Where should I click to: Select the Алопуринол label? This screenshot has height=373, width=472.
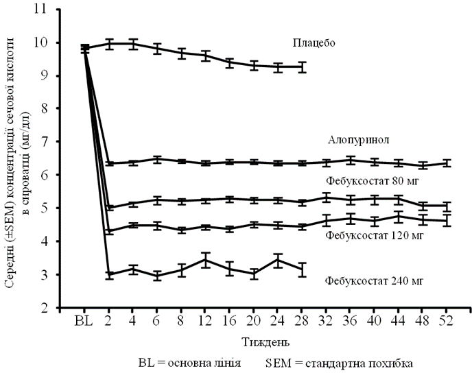pyautogui.click(x=359, y=140)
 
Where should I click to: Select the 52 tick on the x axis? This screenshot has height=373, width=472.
pyautogui.click(x=447, y=320)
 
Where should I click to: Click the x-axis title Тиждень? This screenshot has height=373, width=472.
pyautogui.click(x=263, y=341)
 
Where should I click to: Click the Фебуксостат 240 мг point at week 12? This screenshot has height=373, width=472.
pyautogui.click(x=206, y=261)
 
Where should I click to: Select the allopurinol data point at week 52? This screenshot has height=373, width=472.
pyautogui.click(x=447, y=163)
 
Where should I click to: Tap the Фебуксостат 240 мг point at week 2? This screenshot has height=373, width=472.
pyautogui.click(x=109, y=274)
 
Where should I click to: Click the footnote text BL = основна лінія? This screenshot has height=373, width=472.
pyautogui.click(x=189, y=361)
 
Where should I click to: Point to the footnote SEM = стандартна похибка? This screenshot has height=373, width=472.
pyautogui.click(x=337, y=361)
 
